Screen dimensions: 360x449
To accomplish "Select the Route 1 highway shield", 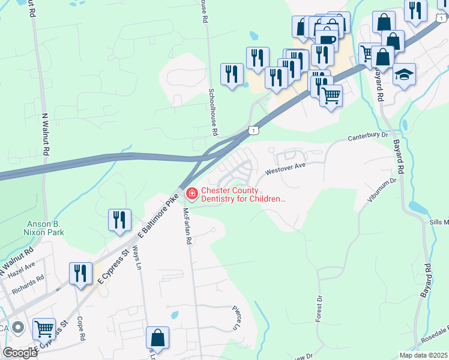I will [255, 130].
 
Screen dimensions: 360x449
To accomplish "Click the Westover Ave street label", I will [282, 169].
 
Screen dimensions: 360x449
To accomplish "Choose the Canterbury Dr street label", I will [368, 137].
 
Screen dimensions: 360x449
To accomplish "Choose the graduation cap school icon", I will [404, 74].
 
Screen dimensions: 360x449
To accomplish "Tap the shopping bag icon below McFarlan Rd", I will [157, 338].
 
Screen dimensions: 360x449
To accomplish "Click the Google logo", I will [20, 352].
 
